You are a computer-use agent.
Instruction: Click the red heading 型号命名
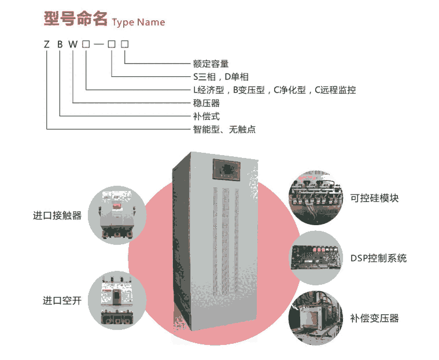point(75,19)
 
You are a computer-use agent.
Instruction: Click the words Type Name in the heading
point(138,23)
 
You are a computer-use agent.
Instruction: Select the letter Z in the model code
point(46,45)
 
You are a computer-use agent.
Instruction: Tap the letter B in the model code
point(60,45)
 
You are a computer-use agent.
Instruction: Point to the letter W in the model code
point(73,45)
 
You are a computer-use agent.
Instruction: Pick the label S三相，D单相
point(220,77)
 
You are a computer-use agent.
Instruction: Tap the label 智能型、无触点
point(224,130)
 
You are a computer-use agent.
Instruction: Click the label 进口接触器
point(57,216)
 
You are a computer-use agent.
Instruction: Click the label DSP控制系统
point(378,258)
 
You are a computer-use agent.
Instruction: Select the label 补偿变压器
point(374,318)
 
